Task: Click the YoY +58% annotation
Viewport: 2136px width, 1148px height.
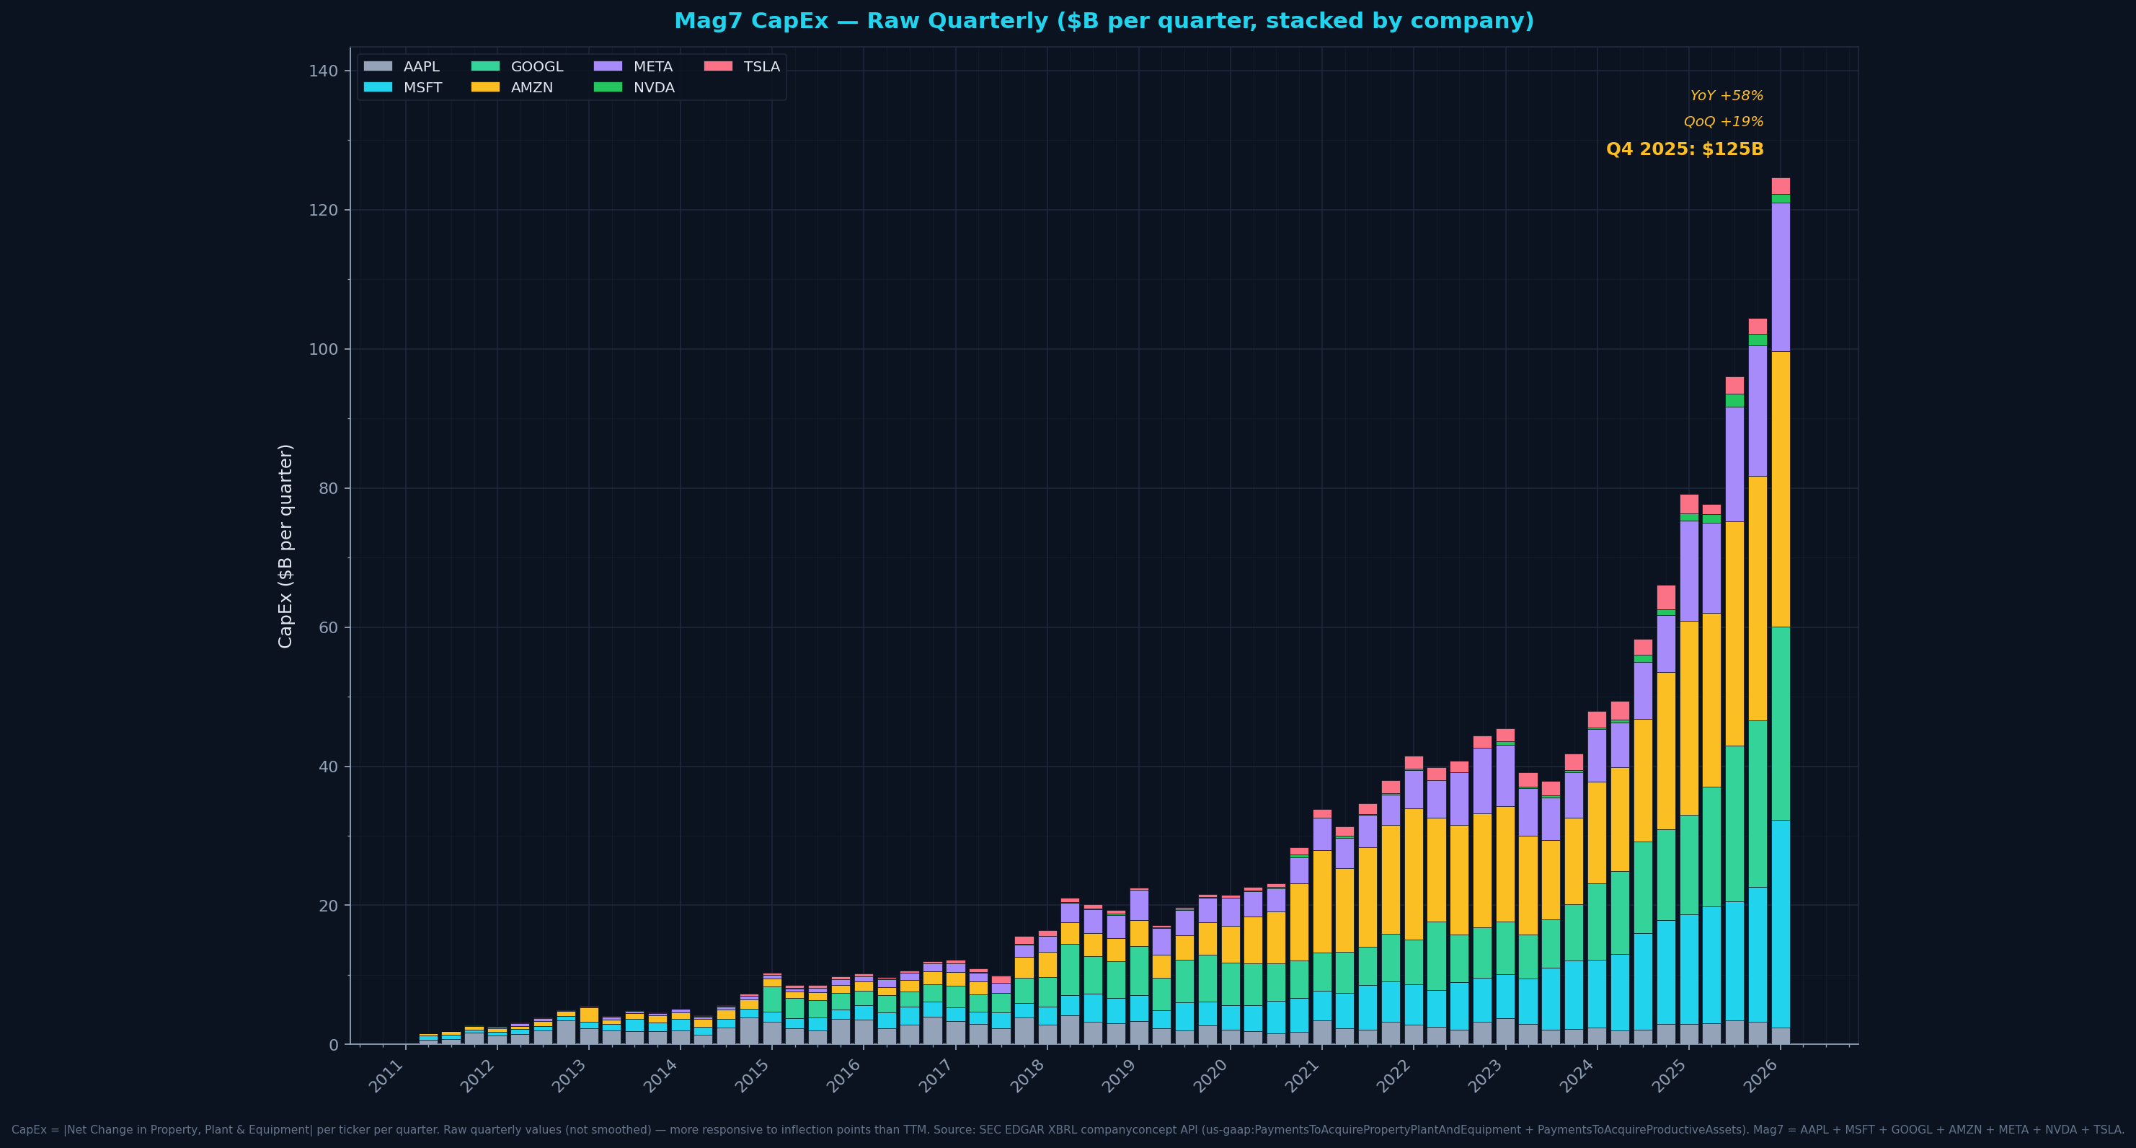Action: (1727, 96)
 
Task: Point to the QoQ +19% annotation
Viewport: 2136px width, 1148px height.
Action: (1723, 122)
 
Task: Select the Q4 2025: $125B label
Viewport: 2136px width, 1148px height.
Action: (1684, 149)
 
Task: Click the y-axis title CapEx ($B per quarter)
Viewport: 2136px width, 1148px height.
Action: (285, 546)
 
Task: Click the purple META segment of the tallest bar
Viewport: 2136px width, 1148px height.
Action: (1781, 277)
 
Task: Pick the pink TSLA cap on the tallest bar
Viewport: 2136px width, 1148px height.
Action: (1781, 186)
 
